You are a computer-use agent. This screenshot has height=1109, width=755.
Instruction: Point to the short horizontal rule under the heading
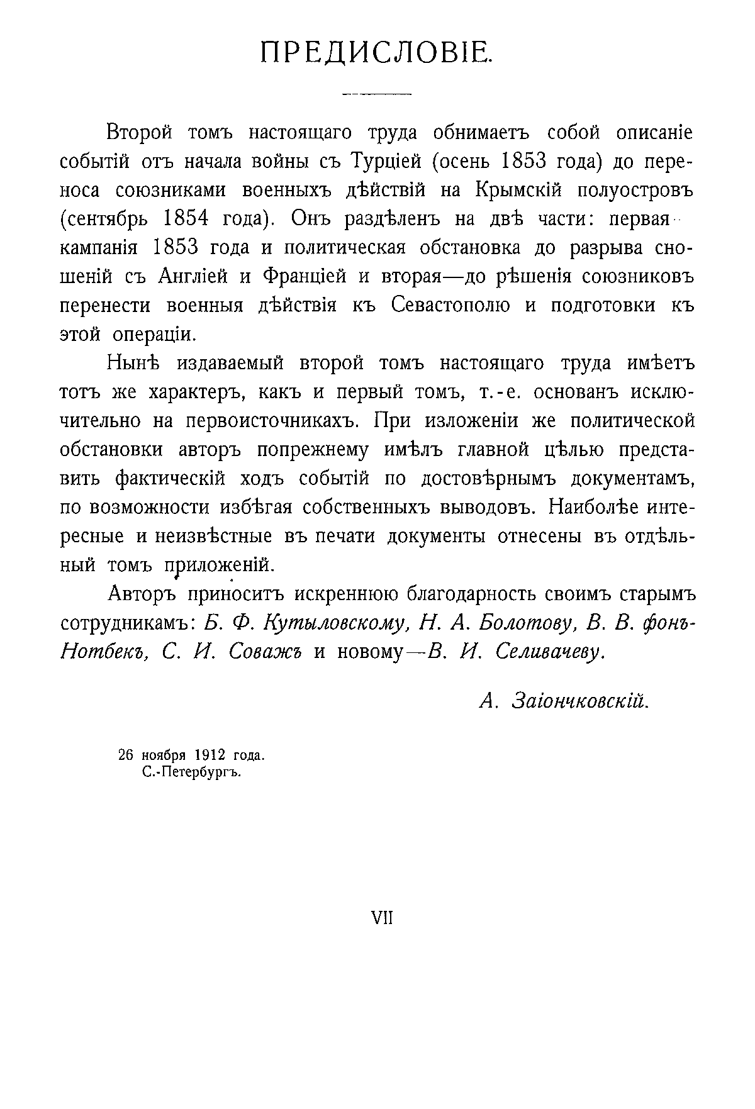coord(376,94)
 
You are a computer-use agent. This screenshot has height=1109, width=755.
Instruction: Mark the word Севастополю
coord(450,306)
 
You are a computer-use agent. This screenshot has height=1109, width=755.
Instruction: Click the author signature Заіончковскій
coord(580,701)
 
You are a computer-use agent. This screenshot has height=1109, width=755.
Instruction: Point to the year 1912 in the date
coord(213,755)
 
